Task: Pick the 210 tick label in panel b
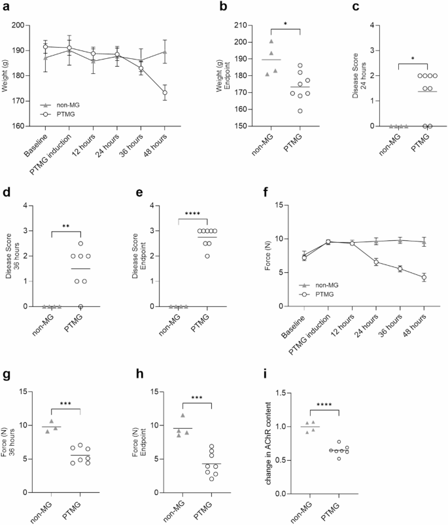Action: coord(237,26)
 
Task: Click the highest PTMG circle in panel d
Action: coord(81,244)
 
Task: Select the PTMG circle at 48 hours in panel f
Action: coord(424,278)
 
